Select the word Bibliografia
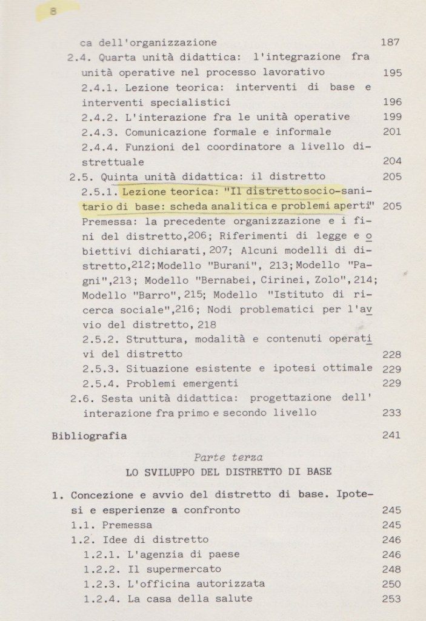pyautogui.click(x=89, y=435)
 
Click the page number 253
pyautogui.click(x=392, y=599)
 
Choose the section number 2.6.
pyautogui.click(x=81, y=398)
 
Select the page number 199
pyautogui.click(x=392, y=117)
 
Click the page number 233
pyautogui.click(x=392, y=413)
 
